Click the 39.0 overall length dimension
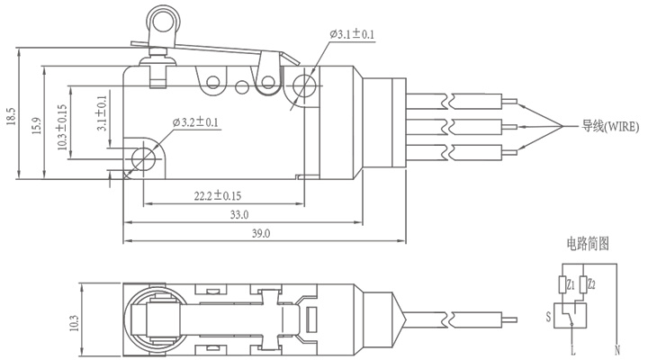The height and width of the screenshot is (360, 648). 261,233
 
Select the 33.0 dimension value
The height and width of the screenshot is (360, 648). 239,214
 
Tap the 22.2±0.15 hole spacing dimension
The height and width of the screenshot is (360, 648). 218,195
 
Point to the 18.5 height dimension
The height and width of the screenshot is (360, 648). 11,116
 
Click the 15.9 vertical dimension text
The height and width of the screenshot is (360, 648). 37,126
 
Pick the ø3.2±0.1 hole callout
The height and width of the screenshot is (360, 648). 195,122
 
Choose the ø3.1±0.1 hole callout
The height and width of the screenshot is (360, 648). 352,34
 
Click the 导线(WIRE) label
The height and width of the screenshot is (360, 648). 610,126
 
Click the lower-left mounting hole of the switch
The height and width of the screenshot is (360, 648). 142,158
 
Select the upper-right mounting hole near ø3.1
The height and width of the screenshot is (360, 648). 304,86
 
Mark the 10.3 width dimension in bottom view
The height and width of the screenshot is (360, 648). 74,323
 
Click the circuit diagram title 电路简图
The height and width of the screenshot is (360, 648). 587,243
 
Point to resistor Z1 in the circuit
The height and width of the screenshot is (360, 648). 562,284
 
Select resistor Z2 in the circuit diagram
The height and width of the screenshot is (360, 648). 582,284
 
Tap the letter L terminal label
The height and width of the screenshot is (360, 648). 572,351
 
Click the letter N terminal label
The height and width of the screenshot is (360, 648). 617,351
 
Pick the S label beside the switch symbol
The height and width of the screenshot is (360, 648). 548,317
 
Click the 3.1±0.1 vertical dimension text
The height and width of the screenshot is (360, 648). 102,113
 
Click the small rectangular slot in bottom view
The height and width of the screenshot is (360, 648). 310,319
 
